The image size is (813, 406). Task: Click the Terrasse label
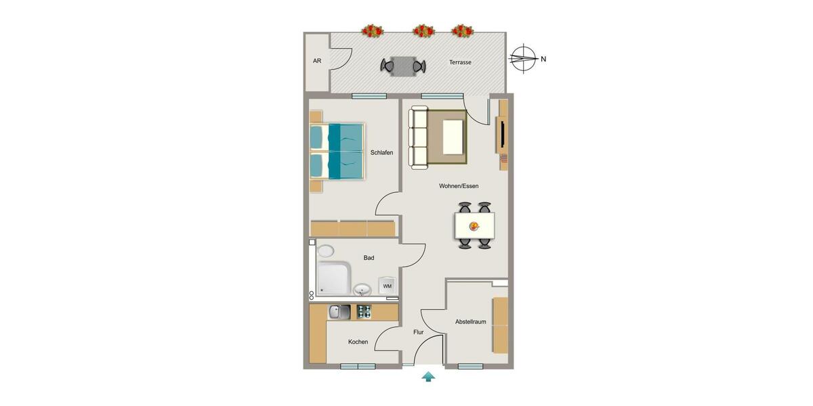(460, 62)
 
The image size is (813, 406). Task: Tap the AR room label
(317, 61)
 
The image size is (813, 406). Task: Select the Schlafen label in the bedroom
(381, 153)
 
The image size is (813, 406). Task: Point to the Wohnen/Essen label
(459, 186)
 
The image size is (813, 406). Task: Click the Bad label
(369, 258)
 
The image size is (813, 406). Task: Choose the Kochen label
(358, 342)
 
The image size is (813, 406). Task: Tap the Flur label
(419, 332)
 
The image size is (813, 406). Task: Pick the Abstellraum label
(471, 322)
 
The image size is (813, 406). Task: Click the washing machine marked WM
(387, 286)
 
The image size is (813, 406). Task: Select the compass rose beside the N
(522, 58)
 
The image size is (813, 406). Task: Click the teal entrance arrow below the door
(428, 377)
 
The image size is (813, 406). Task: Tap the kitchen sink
(339, 312)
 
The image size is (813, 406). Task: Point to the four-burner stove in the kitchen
(364, 312)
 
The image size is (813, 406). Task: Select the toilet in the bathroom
(325, 251)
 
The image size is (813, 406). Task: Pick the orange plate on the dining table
(474, 227)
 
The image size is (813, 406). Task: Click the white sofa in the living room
(419, 137)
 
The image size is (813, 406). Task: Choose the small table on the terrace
(403, 66)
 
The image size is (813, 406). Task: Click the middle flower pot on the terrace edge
(423, 30)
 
